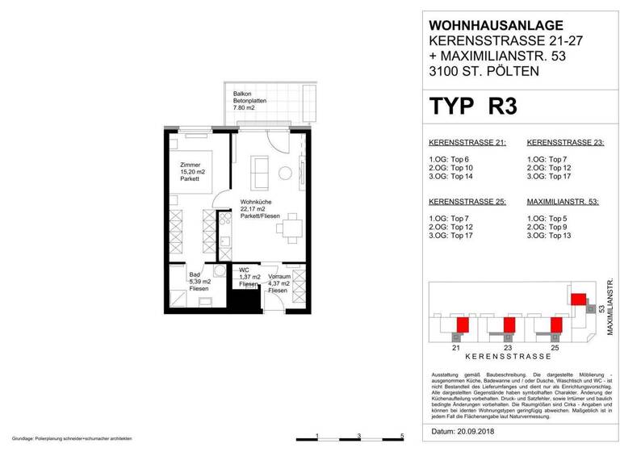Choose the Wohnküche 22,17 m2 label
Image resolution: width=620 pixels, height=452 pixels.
tap(257, 211)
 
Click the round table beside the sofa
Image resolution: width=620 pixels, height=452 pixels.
tap(284, 172)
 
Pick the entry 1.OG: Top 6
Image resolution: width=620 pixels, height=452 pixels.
tap(450, 159)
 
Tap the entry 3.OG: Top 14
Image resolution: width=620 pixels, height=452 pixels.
tap(452, 177)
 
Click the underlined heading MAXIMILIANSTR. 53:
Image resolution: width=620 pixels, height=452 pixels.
tap(562, 202)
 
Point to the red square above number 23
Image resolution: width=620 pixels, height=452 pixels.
tap(509, 325)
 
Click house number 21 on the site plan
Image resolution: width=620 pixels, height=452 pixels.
tap(457, 348)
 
